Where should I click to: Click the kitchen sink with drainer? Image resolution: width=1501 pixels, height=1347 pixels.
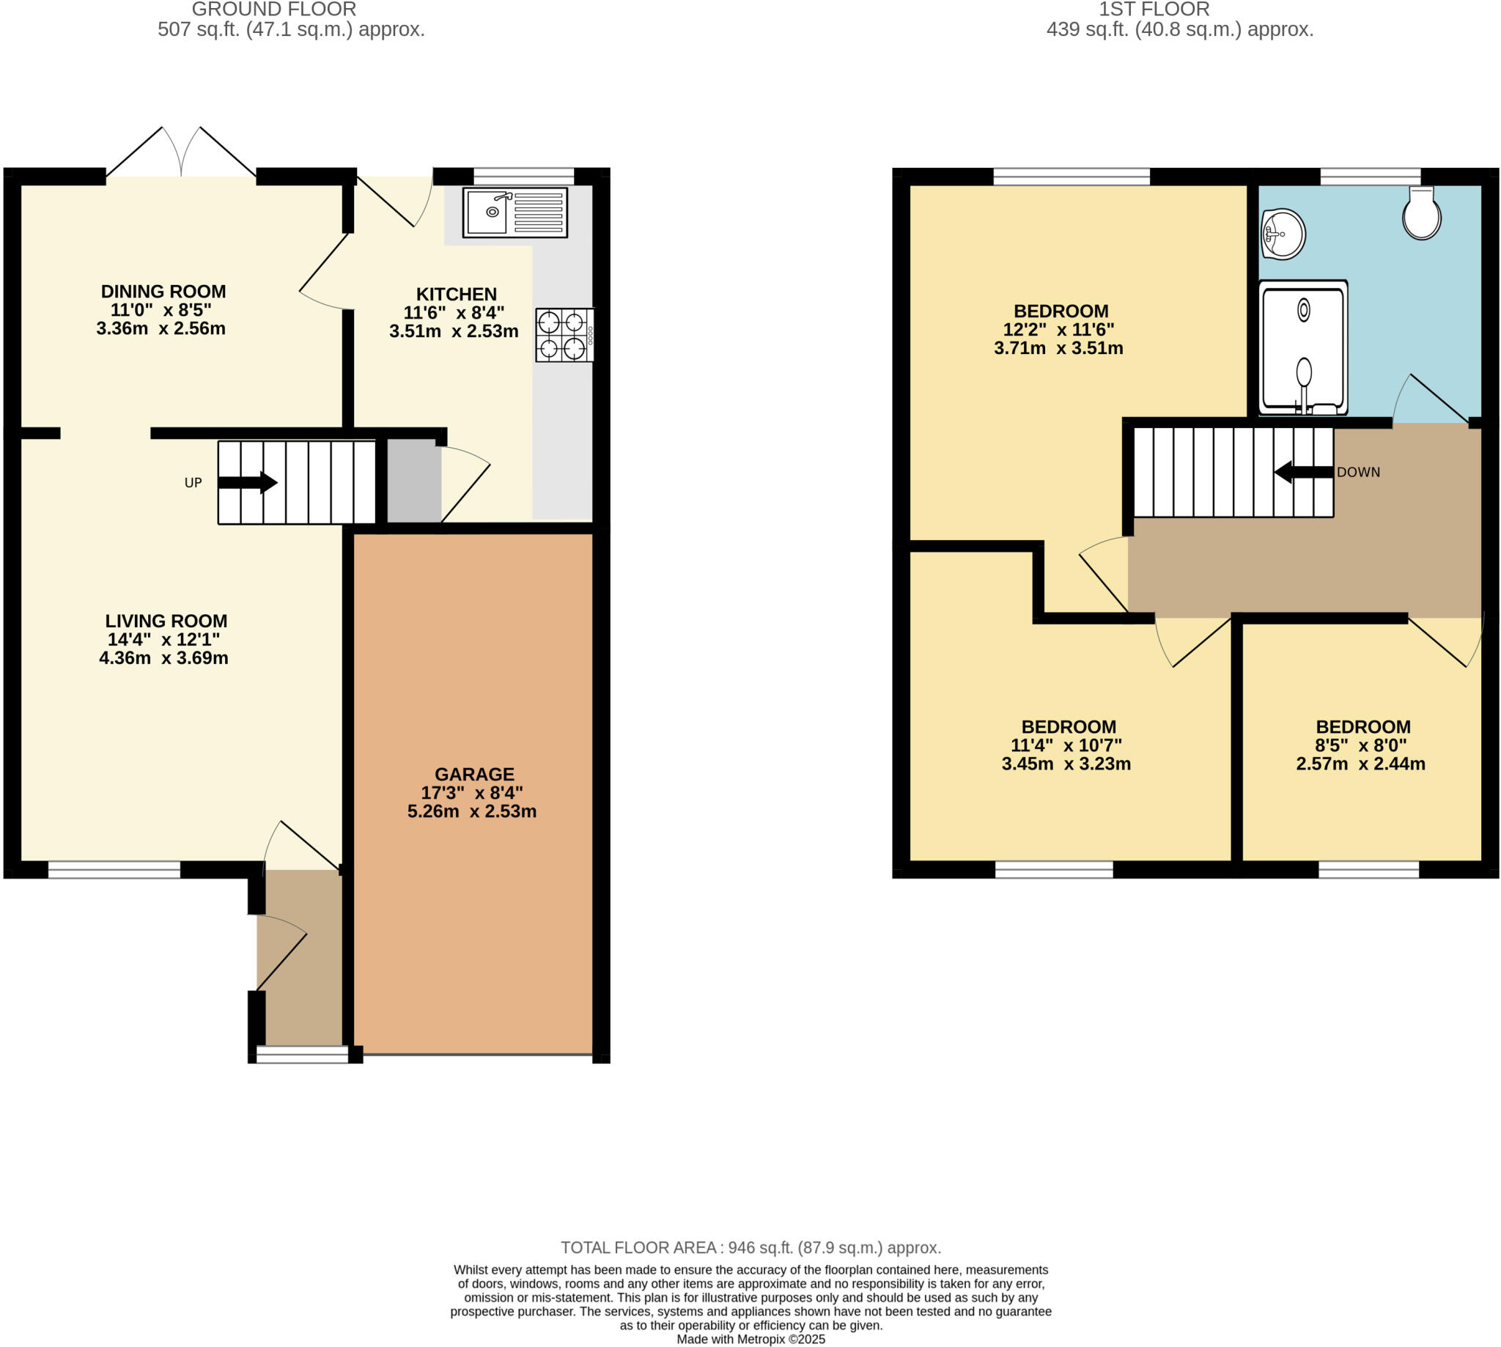[515, 213]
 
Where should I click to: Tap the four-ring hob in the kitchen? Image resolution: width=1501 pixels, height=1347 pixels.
[564, 334]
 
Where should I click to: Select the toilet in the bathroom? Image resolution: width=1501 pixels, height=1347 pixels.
[1421, 213]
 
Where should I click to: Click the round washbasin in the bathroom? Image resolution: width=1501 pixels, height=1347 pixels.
[1283, 234]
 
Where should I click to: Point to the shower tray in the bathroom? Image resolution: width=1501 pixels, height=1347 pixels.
[1302, 347]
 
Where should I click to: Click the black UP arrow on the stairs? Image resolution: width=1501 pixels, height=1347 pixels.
[247, 482]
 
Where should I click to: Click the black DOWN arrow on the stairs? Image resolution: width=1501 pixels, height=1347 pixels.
[1302, 471]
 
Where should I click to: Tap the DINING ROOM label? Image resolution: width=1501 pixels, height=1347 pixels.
[163, 291]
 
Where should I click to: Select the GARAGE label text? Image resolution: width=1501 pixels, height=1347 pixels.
[473, 774]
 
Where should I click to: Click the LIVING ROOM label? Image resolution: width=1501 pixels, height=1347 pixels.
[166, 621]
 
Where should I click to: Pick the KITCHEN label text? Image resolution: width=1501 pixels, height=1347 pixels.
[456, 294]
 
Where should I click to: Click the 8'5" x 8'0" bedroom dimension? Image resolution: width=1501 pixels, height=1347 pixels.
[1361, 745]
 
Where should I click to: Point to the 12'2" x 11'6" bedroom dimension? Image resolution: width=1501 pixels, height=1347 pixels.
[1058, 329]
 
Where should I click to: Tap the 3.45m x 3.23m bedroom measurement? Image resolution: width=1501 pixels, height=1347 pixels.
[1066, 764]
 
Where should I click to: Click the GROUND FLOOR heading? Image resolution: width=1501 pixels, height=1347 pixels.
[274, 10]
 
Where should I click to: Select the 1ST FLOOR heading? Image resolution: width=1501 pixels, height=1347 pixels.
[1154, 10]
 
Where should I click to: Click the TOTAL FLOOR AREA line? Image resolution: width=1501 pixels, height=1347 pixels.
[750, 1247]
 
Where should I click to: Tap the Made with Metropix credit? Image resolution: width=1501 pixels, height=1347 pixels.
[750, 1339]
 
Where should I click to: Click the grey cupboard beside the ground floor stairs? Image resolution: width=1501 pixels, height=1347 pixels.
[414, 481]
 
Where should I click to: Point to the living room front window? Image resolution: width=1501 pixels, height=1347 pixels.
[114, 870]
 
